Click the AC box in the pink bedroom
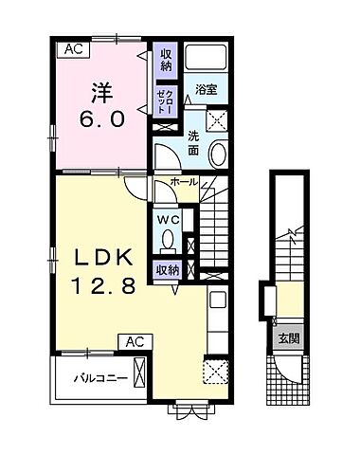[x=73, y=49]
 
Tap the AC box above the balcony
[x=135, y=342]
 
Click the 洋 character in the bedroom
[x=101, y=92]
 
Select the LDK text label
[x=103, y=260]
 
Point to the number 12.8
[x=104, y=286]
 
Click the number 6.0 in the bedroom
[x=101, y=119]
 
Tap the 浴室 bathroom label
[x=206, y=89]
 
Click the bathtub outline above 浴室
[x=206, y=57]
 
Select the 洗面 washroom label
[x=193, y=143]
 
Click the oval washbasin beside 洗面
[x=219, y=155]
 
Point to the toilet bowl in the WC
[x=168, y=239]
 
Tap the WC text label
[x=169, y=220]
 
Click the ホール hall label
[x=184, y=182]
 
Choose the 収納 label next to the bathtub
[x=166, y=60]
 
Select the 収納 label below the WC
[x=168, y=270]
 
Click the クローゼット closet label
[x=166, y=101]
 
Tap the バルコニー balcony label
[x=100, y=378]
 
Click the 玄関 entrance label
[x=289, y=339]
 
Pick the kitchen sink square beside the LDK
[x=218, y=299]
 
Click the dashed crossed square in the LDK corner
[x=216, y=372]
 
